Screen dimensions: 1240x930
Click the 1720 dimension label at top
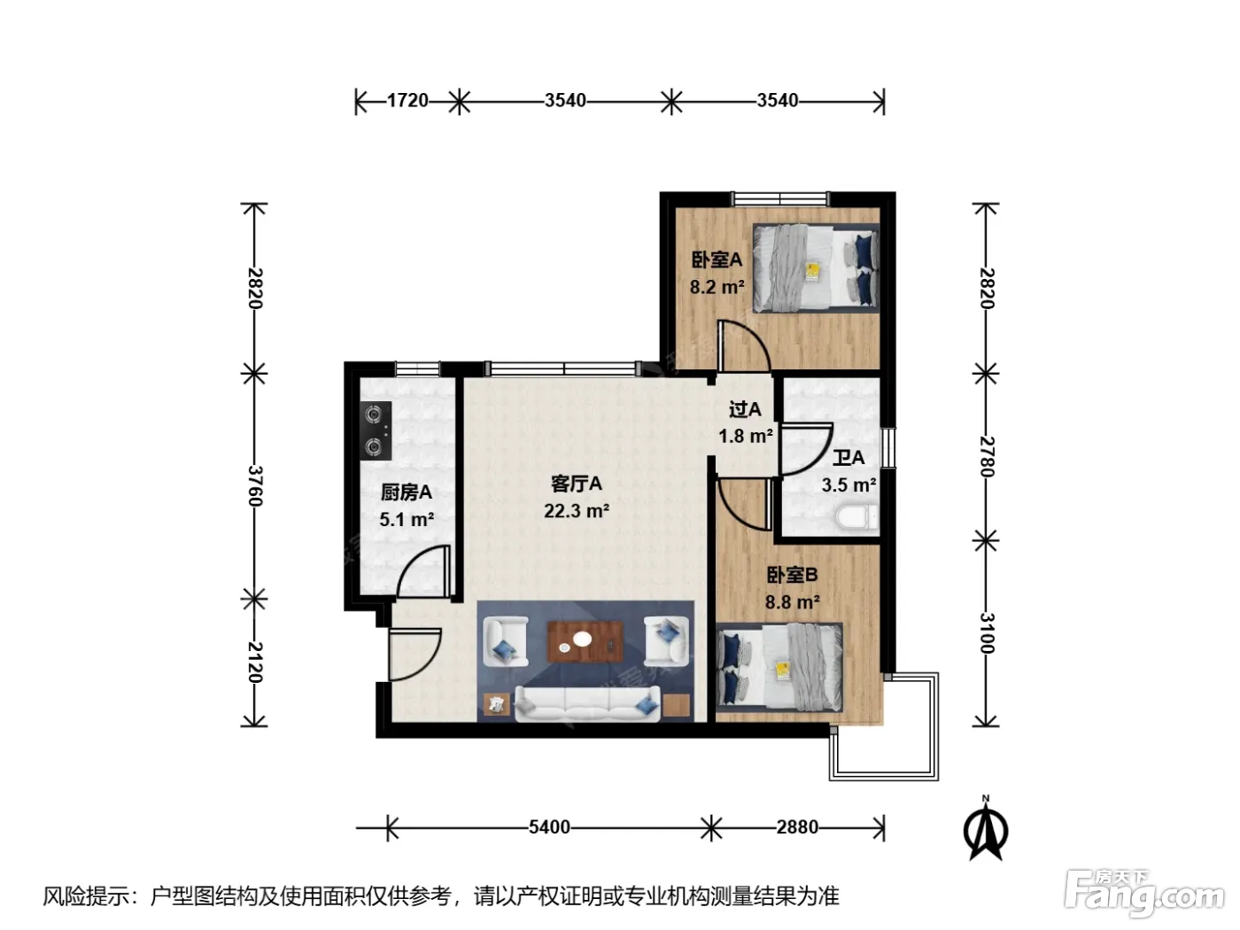pyautogui.click(x=407, y=100)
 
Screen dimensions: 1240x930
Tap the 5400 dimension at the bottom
pyautogui.click(x=549, y=827)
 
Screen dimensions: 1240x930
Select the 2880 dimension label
pyautogui.click(x=797, y=827)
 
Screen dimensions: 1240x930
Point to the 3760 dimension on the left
pyautogui.click(x=255, y=485)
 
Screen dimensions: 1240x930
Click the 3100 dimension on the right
pyautogui.click(x=987, y=633)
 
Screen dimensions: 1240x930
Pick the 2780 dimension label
pyautogui.click(x=987, y=456)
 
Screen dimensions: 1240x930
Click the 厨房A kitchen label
pyautogui.click(x=407, y=492)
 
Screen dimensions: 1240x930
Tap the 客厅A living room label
pyautogui.click(x=577, y=484)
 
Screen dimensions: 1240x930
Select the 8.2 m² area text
pyautogui.click(x=717, y=287)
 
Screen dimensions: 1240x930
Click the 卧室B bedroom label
pyautogui.click(x=792, y=575)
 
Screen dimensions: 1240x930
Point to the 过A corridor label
pyautogui.click(x=745, y=409)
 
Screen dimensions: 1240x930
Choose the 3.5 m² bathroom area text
pyautogui.click(x=849, y=485)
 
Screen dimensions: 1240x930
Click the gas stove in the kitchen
pyautogui.click(x=376, y=430)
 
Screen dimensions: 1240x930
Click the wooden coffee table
pyautogui.click(x=585, y=642)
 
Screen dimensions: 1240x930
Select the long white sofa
pyautogui.click(x=587, y=703)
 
